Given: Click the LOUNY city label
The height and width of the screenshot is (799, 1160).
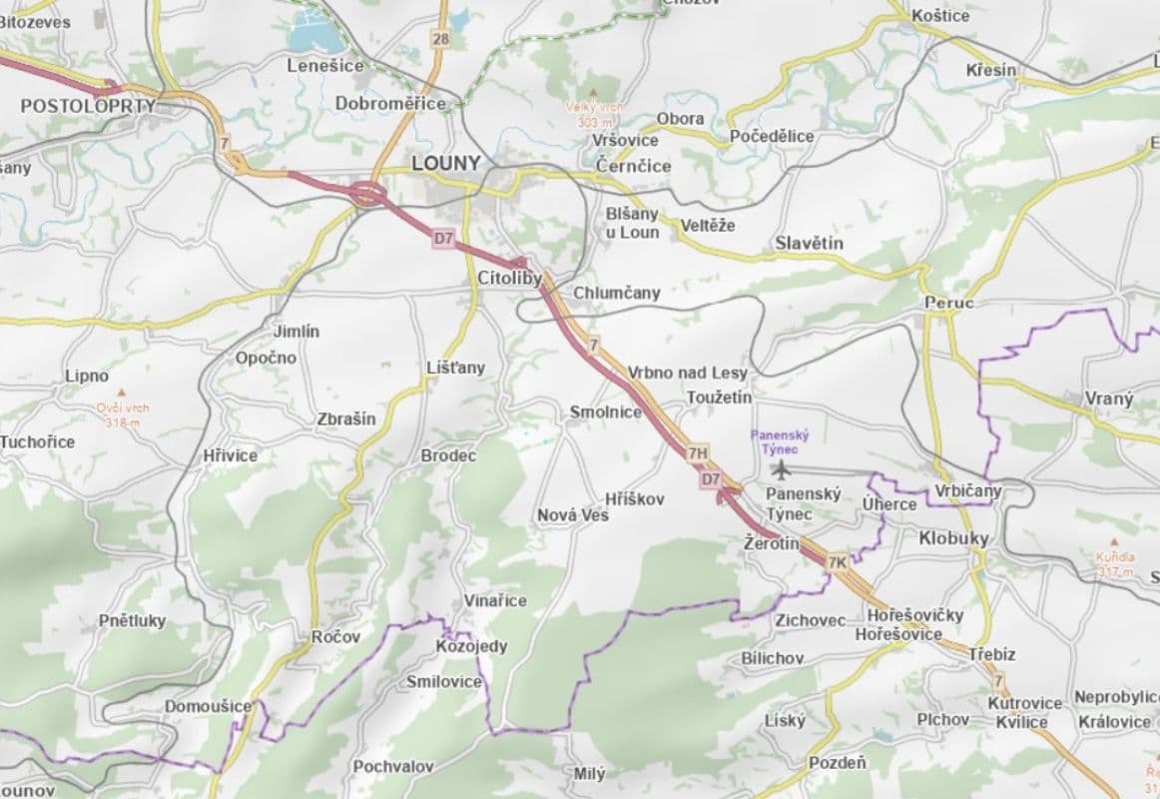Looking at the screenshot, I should click(445, 163).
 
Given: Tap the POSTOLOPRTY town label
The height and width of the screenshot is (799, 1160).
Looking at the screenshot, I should click(88, 105).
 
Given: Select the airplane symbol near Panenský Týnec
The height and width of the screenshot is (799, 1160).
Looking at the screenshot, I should click(781, 468).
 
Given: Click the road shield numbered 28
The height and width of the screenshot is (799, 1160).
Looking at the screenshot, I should click(440, 38).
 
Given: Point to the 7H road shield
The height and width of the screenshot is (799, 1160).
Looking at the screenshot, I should click(698, 453).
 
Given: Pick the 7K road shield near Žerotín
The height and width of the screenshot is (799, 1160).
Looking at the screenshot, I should click(837, 562).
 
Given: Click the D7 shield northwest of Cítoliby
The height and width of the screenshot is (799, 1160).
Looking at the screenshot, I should click(443, 239).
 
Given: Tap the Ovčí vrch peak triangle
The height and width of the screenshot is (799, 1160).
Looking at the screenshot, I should click(122, 393).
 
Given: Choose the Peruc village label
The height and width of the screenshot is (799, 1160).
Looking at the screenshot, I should click(948, 302).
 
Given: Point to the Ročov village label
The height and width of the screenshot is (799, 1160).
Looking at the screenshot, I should click(335, 637).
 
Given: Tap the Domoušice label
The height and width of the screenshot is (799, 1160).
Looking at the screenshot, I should click(208, 706).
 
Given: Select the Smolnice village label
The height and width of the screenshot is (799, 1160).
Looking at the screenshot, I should click(605, 411).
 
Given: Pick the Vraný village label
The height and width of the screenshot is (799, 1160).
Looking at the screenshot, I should click(1109, 399).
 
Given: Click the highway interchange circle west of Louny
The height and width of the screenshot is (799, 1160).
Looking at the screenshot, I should click(368, 193).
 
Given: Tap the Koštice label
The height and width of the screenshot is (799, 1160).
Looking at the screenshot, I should click(940, 15).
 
